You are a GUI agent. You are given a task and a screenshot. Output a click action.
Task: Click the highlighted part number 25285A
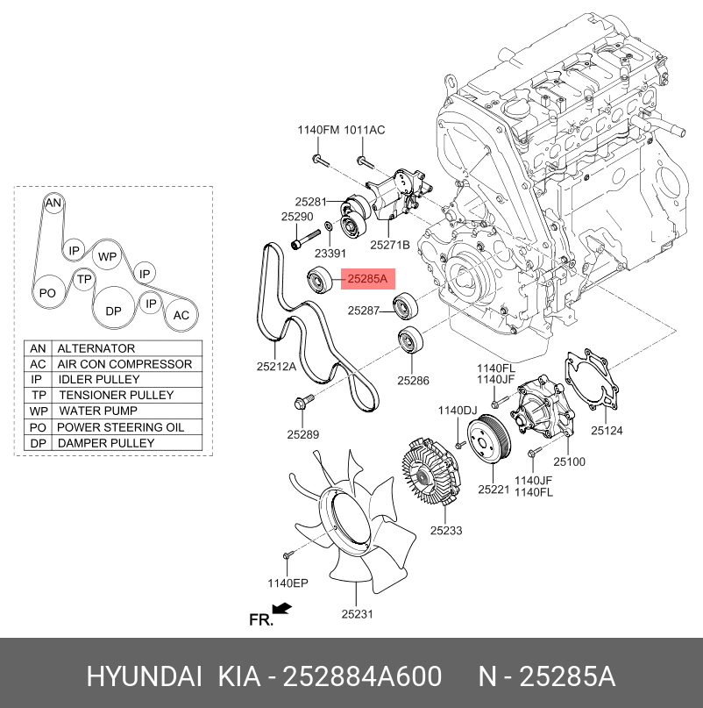[x=367, y=280]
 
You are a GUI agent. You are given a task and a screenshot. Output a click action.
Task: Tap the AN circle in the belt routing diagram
[x=53, y=204]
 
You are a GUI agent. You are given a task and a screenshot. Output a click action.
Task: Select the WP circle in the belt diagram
[x=107, y=257]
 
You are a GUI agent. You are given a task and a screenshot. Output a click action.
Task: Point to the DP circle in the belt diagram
[x=113, y=311]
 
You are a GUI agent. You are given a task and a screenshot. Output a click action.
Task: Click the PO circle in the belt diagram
[x=48, y=293]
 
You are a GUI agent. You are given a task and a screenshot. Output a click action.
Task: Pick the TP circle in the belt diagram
[x=84, y=280]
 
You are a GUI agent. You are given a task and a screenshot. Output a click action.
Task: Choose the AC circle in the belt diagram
[x=181, y=315]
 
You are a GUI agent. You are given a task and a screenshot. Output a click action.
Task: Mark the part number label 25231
[x=358, y=614]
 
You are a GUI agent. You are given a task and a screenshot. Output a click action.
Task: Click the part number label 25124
[x=606, y=430]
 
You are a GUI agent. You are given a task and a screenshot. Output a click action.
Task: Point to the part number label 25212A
[x=276, y=366]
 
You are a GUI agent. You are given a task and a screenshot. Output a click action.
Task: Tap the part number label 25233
[x=445, y=531]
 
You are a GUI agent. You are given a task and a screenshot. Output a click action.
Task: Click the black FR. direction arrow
[x=281, y=608]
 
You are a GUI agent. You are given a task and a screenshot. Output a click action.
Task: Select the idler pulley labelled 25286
[x=410, y=340]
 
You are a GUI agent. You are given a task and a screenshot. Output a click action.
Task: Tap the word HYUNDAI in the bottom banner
[x=145, y=677]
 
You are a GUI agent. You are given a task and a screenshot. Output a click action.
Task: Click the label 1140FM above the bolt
[x=317, y=130]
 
